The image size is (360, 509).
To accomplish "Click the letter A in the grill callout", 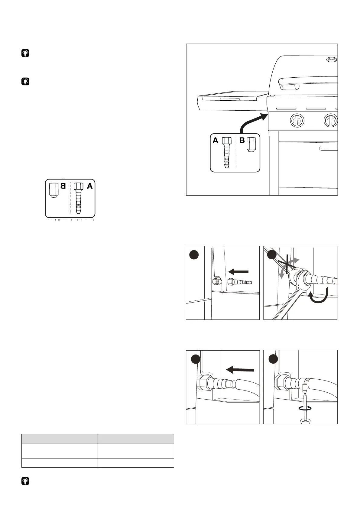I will tap(215, 141).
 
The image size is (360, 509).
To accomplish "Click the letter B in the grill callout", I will tap(242, 141).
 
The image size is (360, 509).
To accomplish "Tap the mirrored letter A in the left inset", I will tap(90, 186).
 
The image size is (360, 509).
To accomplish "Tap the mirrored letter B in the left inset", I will tap(63, 186).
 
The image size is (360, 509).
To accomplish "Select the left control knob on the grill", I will tap(297, 121).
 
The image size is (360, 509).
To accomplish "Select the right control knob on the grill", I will tap(331, 121).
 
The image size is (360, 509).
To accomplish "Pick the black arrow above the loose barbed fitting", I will tap(238, 272).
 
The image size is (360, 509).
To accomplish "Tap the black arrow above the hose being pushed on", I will tap(240, 369).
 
